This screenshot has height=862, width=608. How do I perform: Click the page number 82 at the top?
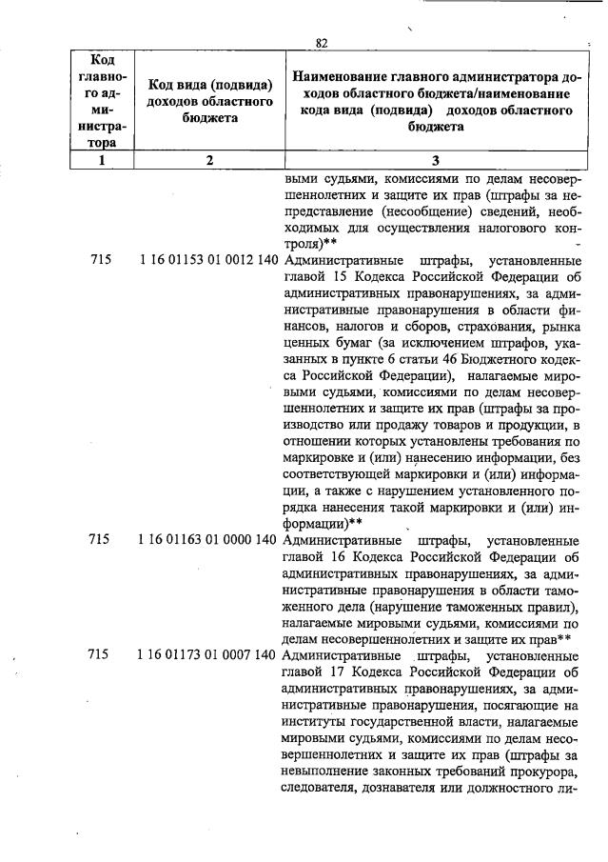tap(321, 43)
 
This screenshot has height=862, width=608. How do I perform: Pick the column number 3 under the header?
tap(435, 161)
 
